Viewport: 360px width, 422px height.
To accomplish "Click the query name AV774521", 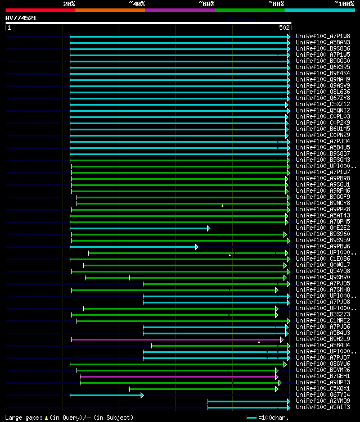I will [21, 18].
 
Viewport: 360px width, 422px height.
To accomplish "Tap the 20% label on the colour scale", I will [69, 3].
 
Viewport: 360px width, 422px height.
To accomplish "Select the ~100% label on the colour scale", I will [344, 3].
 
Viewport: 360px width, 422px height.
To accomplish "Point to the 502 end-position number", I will [284, 27].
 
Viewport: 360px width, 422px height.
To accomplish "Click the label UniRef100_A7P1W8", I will [323, 36].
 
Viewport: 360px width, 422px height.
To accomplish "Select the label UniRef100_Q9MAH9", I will [323, 79].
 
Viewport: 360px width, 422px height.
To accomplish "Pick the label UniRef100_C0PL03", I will [323, 116].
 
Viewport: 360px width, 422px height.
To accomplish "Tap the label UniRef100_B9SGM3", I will [323, 160].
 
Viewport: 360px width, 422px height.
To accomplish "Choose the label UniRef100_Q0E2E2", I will [323, 228].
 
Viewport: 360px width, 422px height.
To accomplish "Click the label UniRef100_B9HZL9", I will [323, 339].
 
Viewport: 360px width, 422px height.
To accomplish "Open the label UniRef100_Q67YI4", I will [323, 394].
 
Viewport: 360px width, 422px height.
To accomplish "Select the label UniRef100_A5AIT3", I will [323, 407].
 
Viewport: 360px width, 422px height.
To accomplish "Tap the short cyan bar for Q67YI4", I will [106, 395].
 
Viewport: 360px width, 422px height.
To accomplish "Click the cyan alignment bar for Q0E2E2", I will [139, 228].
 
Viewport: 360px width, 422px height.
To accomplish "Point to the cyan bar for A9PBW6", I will [133, 247].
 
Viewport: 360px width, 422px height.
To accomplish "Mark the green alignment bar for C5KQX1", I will [203, 389].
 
